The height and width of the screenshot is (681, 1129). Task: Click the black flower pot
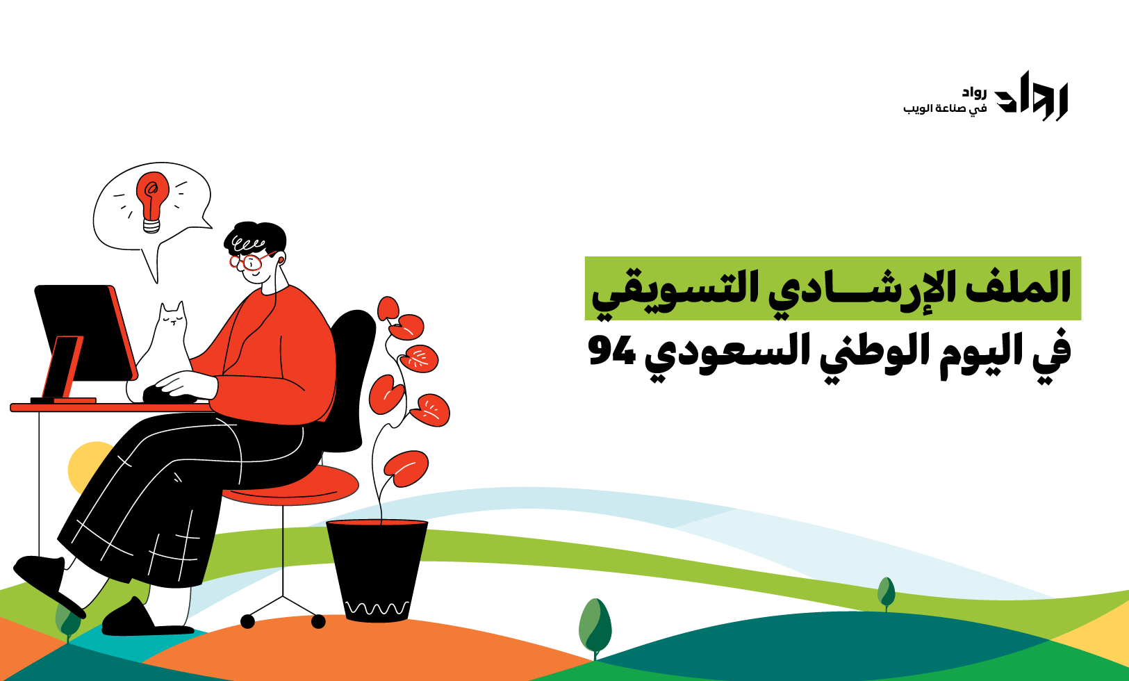377,571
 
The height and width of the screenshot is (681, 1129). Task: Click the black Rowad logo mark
1031,96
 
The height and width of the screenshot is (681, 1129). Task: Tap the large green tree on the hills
595,627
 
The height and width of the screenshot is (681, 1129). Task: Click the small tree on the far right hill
886,594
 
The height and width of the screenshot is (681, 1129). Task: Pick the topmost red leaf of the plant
388,309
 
